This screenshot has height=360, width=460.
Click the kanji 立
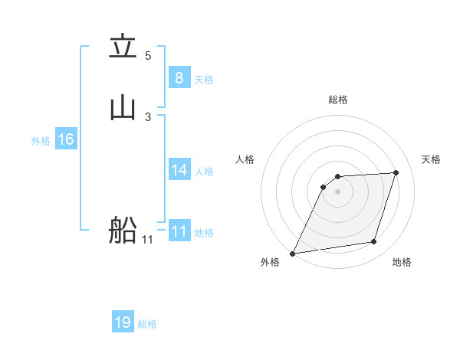(123, 47)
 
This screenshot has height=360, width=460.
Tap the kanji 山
(123, 107)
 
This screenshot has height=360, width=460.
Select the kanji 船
(123, 229)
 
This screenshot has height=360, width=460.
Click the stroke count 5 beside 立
(148, 56)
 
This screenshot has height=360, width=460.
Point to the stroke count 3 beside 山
(148, 116)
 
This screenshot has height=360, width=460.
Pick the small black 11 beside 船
(147, 240)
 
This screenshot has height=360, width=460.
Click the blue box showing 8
(179, 77)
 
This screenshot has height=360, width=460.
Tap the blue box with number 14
(179, 170)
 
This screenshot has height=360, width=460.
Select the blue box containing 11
(179, 231)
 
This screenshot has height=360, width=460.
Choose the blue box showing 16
(66, 139)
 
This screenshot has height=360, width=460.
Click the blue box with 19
(123, 322)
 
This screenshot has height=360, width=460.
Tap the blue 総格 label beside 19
(147, 324)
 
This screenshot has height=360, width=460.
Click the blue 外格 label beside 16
(41, 141)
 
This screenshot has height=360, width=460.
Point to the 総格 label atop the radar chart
(337, 100)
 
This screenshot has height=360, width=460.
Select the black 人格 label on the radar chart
(245, 159)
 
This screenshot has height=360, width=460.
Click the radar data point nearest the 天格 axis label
(396, 172)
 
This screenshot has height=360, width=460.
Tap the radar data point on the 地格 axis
(374, 242)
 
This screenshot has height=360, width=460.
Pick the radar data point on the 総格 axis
(337, 177)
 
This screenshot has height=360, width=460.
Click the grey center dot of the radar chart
(337, 191)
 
